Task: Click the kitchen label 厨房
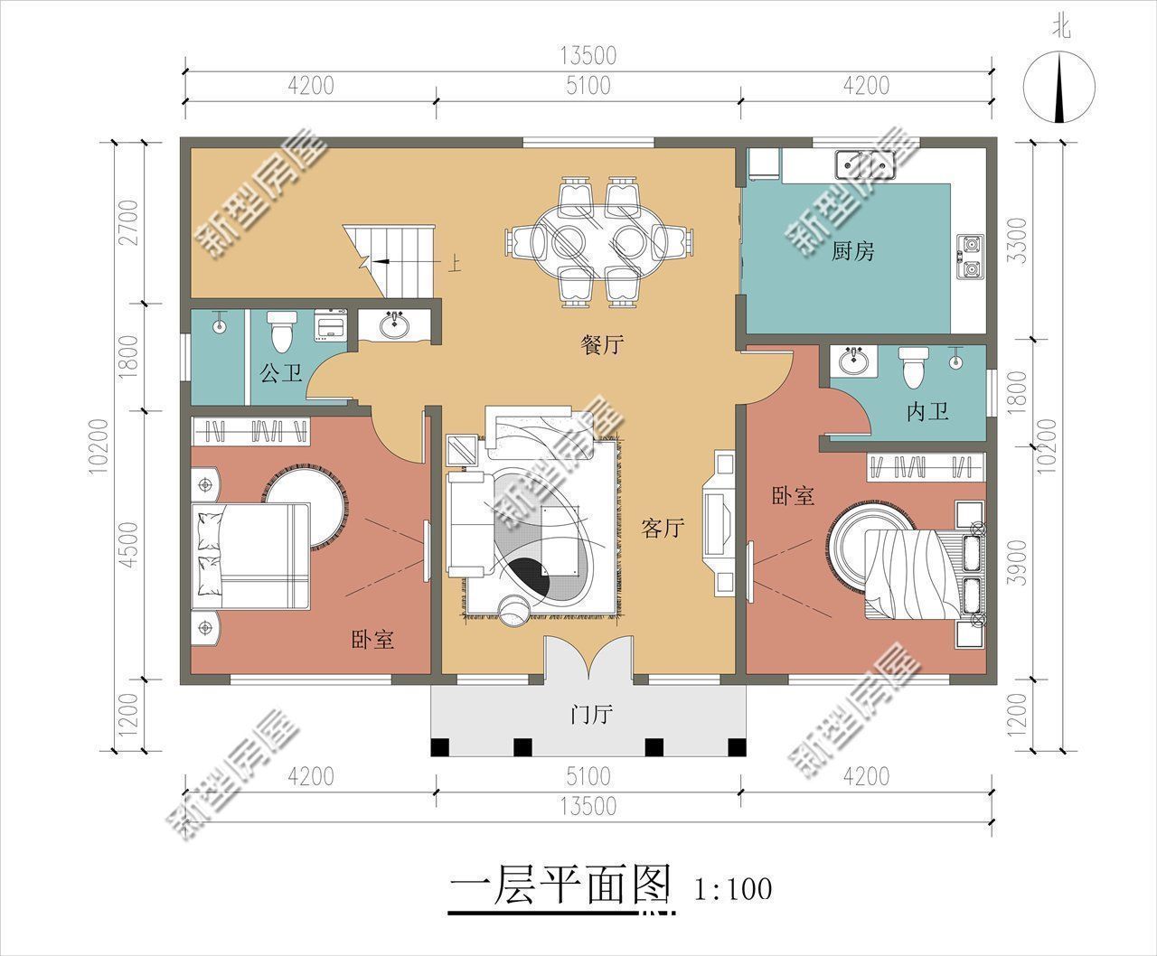point(852,251)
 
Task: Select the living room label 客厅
point(663,528)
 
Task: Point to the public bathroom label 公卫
point(281,373)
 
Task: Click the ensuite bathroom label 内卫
point(928,412)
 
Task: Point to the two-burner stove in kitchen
point(971,256)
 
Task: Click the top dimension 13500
point(588,56)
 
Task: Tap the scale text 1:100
point(733,889)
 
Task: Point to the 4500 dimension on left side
point(129,545)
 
